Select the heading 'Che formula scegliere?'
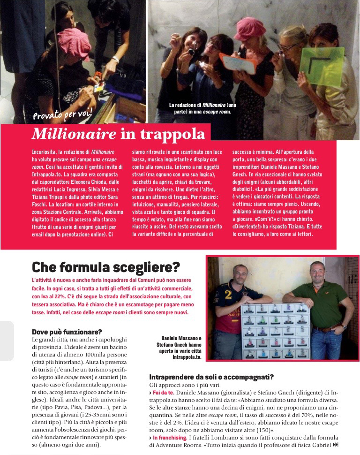point(105,267)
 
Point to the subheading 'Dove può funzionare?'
point(67,332)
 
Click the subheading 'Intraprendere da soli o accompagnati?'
point(211,377)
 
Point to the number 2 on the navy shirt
point(229,295)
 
